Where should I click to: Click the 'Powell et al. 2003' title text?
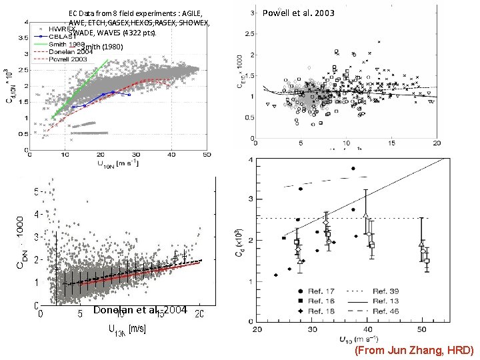[x=299, y=13]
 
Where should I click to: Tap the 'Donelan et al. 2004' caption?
[x=140, y=310]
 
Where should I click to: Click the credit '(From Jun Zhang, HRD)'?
[x=414, y=350]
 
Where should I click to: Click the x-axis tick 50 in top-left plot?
[x=206, y=155]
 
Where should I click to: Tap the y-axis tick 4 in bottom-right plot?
[x=249, y=159]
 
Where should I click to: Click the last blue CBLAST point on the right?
[x=129, y=95]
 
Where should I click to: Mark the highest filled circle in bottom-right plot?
[x=352, y=168]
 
